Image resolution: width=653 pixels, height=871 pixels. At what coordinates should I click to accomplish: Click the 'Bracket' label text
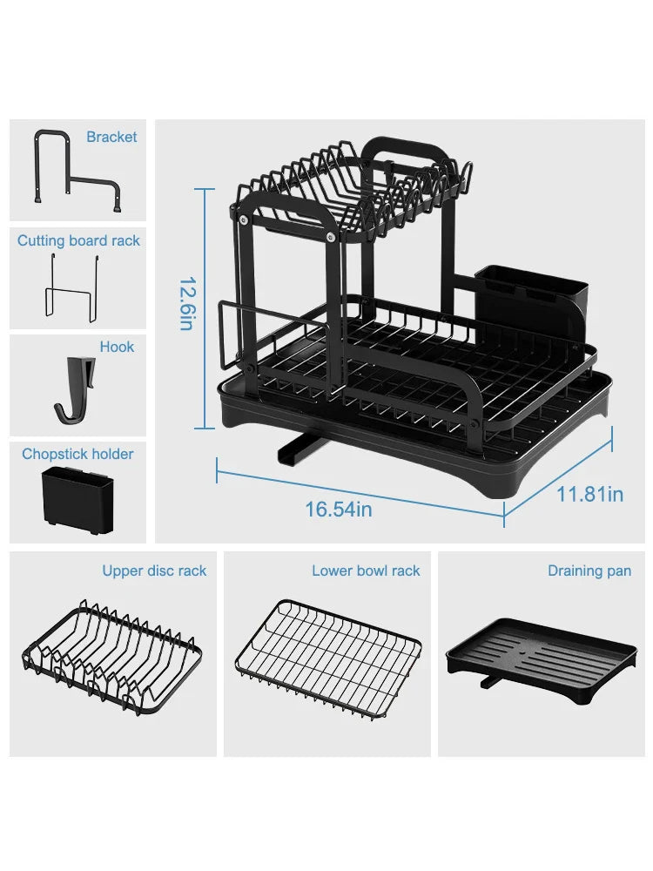pos(111,137)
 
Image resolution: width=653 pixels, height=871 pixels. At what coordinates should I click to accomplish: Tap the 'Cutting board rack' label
pos(78,240)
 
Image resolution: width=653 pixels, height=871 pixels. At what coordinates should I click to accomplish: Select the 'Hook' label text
pos(117,347)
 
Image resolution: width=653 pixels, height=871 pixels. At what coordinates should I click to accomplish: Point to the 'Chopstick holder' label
pos(77,454)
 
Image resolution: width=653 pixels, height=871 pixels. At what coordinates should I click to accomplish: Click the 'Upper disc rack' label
pos(154,571)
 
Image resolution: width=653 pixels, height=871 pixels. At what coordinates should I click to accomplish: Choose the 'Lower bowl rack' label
pos(366,571)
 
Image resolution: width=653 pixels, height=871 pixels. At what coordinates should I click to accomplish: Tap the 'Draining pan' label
pos(589,571)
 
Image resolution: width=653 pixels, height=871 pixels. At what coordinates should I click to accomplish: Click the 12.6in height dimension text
pos(186,303)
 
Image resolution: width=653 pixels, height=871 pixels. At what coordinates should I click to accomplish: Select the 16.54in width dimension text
pos(339,509)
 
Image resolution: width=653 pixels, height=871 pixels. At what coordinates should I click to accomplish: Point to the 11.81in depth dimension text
pos(589,494)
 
